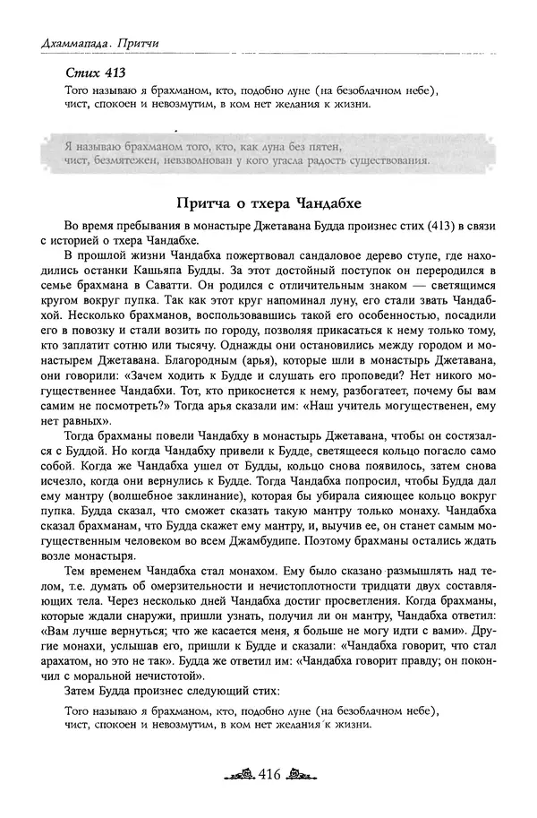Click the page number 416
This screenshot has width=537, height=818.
tap(269, 774)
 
